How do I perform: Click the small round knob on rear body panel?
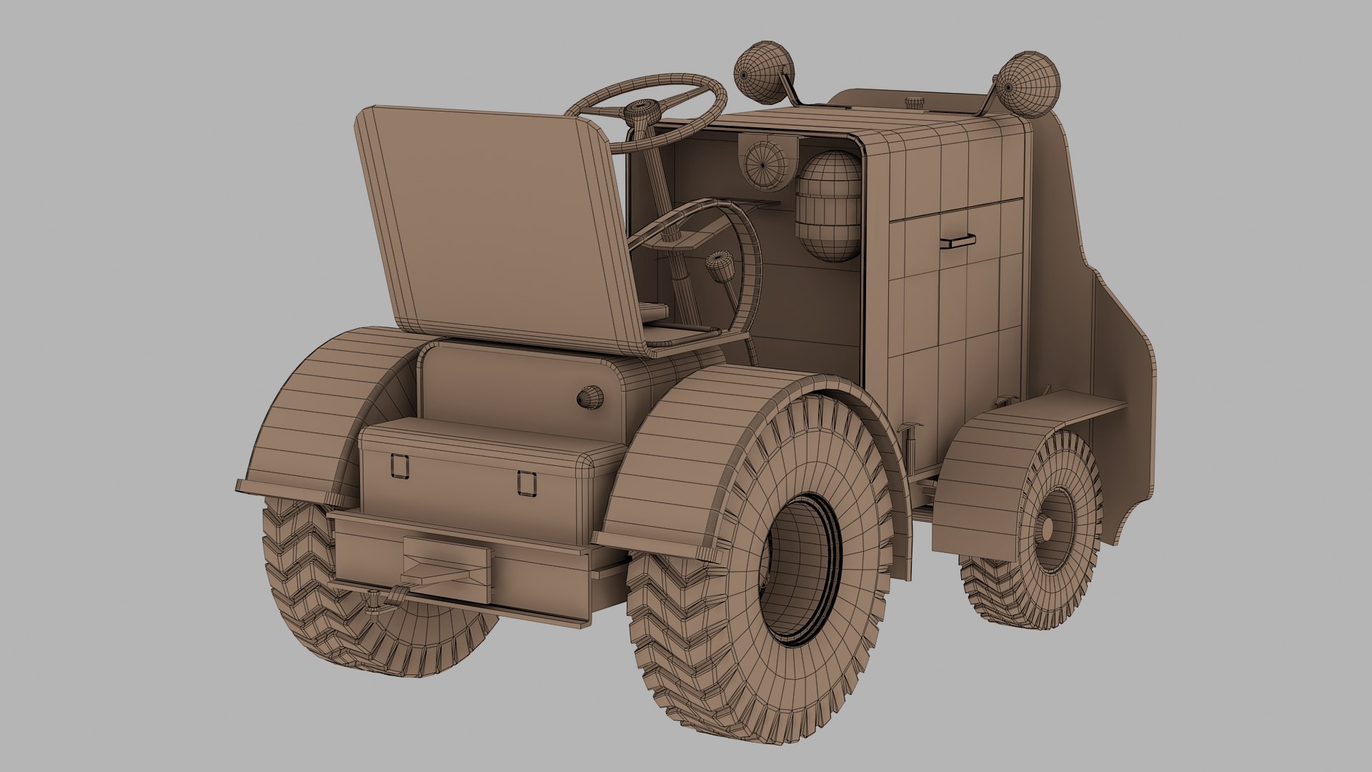[590, 397]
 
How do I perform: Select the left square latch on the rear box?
[399, 465]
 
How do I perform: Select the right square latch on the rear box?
[527, 482]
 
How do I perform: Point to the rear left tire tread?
[300, 572]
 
